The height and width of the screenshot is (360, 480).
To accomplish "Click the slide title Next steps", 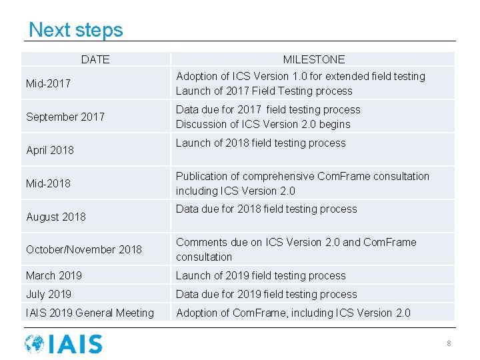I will pos(76,30).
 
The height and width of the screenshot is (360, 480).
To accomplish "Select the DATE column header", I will pos(95,59).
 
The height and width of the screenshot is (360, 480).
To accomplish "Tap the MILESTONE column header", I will pos(313,59).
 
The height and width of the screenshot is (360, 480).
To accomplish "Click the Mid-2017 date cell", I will pos(48,83).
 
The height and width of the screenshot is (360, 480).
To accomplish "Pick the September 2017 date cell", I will pos(65,117).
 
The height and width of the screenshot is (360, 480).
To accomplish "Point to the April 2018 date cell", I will pos(50,150).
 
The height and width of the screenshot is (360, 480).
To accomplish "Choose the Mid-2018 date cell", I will pos(48,183).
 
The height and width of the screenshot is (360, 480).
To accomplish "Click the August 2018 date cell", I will pos(56,217).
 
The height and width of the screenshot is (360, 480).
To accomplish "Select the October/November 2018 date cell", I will pos(84,249).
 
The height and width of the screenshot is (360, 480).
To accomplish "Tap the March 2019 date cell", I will pos(55,275).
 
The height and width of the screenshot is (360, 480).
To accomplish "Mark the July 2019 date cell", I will pos(49,294).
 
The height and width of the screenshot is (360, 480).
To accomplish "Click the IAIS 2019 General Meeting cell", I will pos(90,313).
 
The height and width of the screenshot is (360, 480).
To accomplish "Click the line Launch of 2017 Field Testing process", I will pos(264,91).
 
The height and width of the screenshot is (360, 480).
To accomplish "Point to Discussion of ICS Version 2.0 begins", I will pos(263,125).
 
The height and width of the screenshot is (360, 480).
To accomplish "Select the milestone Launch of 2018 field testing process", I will pos(261,143).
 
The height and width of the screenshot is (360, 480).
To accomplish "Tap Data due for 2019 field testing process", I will pos(267,294).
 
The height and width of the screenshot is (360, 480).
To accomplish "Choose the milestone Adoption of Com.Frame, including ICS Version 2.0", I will pos(293,313).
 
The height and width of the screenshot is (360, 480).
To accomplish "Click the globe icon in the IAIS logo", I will pos(35,344).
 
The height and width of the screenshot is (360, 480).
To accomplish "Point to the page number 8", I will pos(449,343).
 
